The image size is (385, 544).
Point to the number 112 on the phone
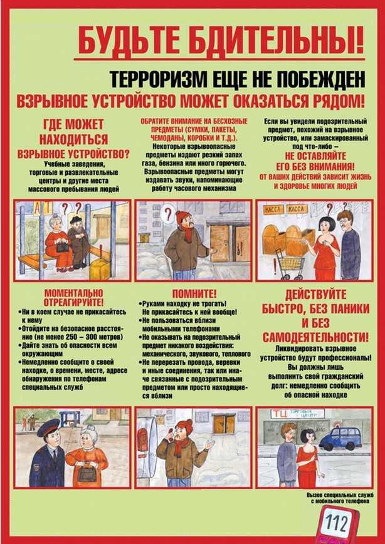[x=339, y=521]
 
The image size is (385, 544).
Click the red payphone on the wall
[x=143, y=439]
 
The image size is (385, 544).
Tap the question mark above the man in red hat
[x=167, y=215]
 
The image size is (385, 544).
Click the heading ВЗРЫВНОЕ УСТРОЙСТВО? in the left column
[x=73, y=152]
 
